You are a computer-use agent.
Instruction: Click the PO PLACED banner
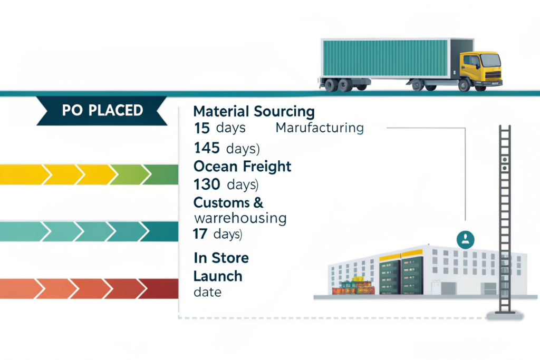pyautogui.click(x=102, y=111)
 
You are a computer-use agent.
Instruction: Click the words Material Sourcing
pyautogui.click(x=254, y=112)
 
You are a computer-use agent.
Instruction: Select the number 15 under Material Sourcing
pyautogui.click(x=202, y=128)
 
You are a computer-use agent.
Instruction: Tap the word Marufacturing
pyautogui.click(x=320, y=128)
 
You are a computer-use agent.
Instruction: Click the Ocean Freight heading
pyautogui.click(x=242, y=167)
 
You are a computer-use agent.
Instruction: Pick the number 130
pyautogui.click(x=208, y=185)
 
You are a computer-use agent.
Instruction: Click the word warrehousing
pyautogui.click(x=240, y=218)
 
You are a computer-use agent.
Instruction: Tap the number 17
pyautogui.click(x=202, y=235)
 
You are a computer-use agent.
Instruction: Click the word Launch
pyautogui.click(x=218, y=276)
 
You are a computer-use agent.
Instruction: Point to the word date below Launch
pyautogui.click(x=208, y=292)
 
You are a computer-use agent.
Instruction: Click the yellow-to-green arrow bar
pyautogui.click(x=87, y=174)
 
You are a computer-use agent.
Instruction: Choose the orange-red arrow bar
pyautogui.click(x=87, y=288)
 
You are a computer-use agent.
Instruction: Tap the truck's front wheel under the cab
pyautogui.click(x=465, y=85)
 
